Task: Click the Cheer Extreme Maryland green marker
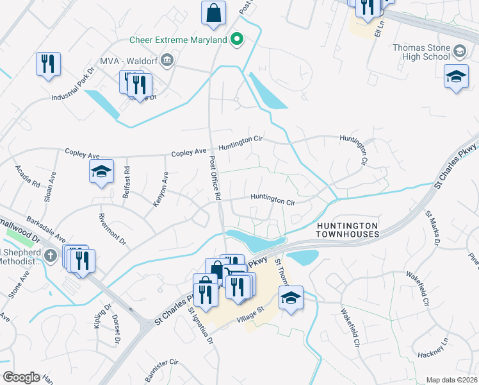point(237,40)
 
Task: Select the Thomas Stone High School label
point(421,52)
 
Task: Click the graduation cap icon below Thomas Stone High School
point(456,76)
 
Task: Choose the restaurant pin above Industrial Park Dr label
point(48,64)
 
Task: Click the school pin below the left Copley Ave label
point(101,171)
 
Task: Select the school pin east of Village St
point(291,298)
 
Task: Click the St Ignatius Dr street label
point(200,326)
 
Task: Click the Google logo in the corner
point(20,377)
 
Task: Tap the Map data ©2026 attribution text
point(451,380)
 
